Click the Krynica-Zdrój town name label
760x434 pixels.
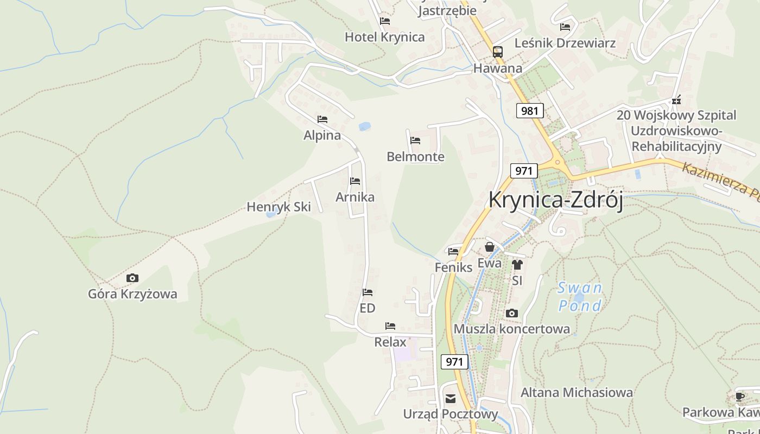tap(555, 200)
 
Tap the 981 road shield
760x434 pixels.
tap(529, 111)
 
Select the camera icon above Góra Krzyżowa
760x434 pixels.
tap(132, 278)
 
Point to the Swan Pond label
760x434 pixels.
tap(580, 297)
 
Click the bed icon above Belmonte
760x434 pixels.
tap(415, 141)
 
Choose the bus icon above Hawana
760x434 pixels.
tap(497, 52)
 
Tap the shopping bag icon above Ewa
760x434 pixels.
tap(490, 247)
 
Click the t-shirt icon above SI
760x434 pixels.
tap(517, 265)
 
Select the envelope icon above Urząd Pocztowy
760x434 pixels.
tap(451, 399)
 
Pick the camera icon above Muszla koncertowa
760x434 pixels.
tap(511, 314)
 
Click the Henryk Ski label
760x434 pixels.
tap(278, 207)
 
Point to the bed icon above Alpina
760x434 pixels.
tap(322, 119)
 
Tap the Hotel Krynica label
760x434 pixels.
tap(384, 37)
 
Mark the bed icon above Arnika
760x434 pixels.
tap(355, 181)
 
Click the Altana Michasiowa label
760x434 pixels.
tap(577, 392)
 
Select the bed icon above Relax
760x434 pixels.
tap(390, 326)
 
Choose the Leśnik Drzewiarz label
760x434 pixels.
tap(565, 43)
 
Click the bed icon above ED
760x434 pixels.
tap(368, 292)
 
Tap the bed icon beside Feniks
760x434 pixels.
tap(453, 251)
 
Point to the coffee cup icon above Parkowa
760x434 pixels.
tap(740, 397)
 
